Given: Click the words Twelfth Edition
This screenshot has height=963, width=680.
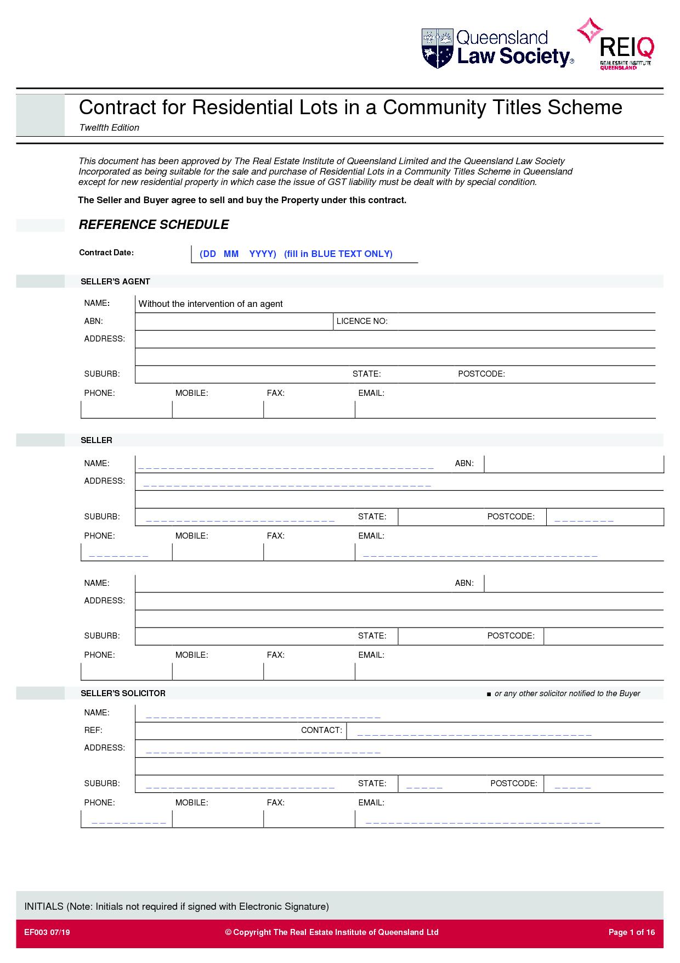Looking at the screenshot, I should (x=109, y=127).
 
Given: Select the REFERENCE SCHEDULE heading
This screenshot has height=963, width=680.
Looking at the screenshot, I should (x=154, y=225).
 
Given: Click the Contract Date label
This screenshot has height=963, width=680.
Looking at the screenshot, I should (x=106, y=253).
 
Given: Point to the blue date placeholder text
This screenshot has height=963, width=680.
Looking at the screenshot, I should (x=296, y=254).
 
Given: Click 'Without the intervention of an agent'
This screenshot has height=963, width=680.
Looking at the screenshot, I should (x=211, y=304).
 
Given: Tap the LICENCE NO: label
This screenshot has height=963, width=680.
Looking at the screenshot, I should (x=362, y=321).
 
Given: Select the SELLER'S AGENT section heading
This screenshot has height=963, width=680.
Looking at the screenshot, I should (x=115, y=282).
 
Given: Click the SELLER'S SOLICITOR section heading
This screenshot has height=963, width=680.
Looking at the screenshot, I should (x=123, y=693).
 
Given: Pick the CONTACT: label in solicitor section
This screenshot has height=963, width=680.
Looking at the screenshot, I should (x=321, y=730).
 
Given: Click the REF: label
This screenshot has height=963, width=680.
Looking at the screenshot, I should (x=93, y=730).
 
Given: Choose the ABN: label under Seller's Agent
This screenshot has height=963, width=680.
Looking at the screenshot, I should (x=93, y=321).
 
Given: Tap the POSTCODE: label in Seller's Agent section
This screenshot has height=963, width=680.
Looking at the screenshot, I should (x=481, y=374).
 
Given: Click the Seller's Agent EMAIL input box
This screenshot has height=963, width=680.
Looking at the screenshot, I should (x=505, y=410).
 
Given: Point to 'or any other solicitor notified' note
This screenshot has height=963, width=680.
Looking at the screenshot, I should (x=567, y=693).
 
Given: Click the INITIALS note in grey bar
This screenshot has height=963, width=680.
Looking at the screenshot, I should (x=176, y=906).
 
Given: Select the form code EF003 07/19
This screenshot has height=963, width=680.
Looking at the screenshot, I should (x=47, y=932).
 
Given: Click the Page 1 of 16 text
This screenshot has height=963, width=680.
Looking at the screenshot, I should (x=632, y=932).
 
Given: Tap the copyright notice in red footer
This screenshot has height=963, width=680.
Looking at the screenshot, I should (x=332, y=932).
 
